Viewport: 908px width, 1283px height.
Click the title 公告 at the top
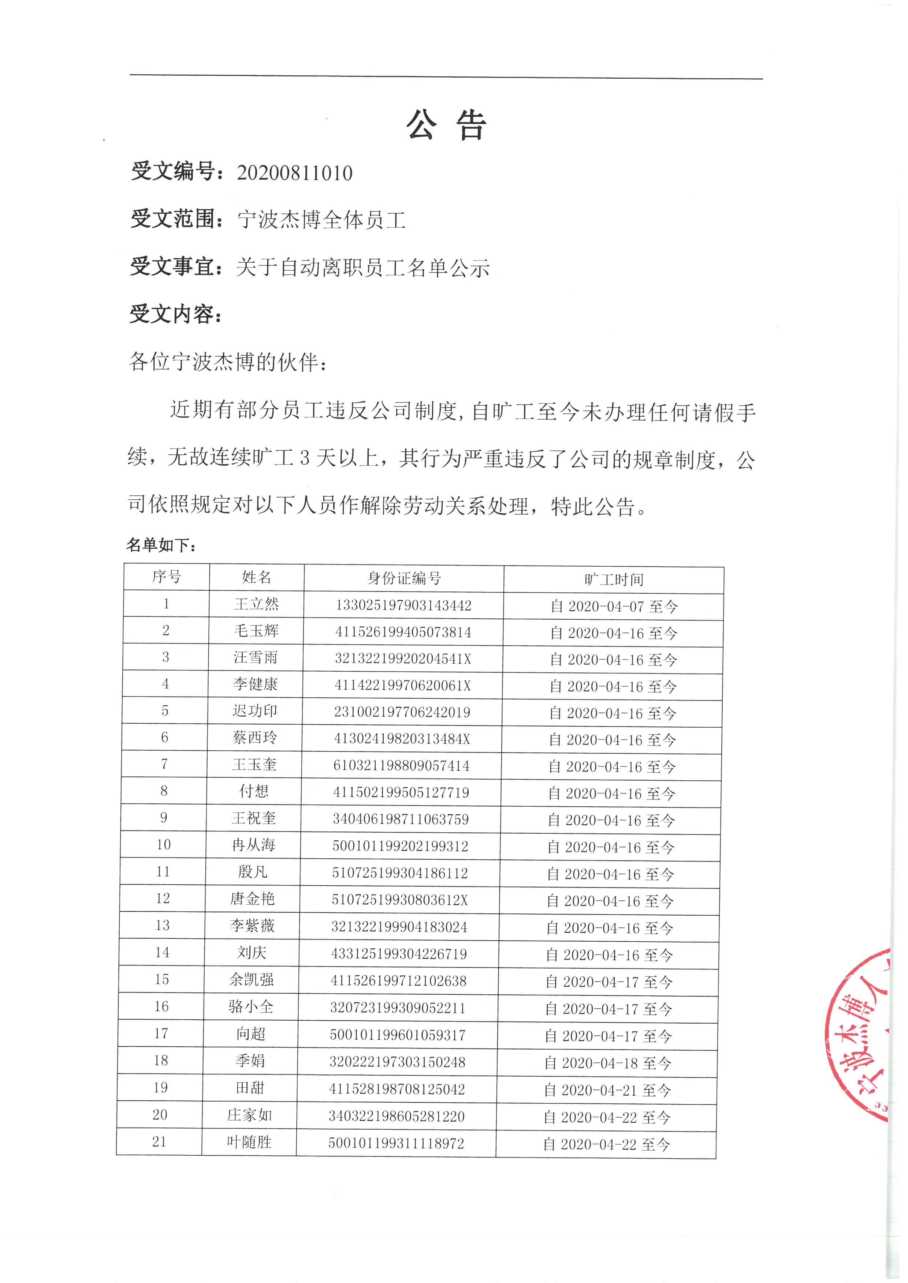[x=446, y=125]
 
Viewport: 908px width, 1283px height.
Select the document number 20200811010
[x=295, y=173]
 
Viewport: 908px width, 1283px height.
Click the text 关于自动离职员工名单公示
[x=362, y=268]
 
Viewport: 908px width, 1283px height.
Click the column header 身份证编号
[x=404, y=578]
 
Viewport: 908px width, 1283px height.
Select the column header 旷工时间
[x=614, y=580]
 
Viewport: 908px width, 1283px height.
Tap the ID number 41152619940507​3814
[x=403, y=632]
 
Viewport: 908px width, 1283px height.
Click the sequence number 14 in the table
[x=162, y=952]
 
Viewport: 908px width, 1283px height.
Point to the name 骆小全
[x=251, y=1006]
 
